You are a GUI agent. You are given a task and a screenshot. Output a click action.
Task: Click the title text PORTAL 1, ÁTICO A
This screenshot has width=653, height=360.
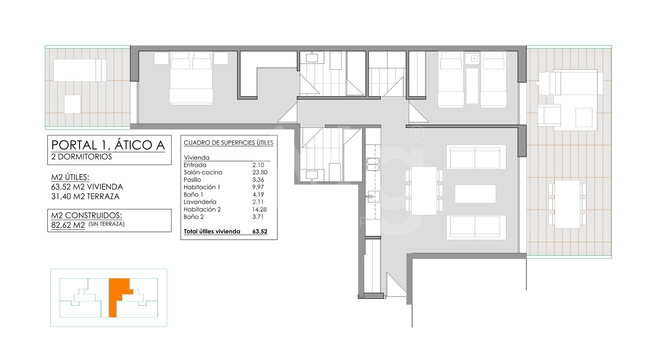(108, 145)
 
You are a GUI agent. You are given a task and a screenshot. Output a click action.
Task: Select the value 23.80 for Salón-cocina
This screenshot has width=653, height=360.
(260, 172)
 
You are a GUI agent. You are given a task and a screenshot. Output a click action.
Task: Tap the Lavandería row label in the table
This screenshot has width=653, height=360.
(200, 202)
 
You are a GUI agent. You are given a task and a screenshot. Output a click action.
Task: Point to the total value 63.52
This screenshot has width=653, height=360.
(260, 232)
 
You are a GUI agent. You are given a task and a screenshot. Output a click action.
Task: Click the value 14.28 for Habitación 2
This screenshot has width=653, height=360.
(260, 209)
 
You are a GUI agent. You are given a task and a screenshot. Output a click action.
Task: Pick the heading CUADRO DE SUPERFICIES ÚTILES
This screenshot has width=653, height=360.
(228, 142)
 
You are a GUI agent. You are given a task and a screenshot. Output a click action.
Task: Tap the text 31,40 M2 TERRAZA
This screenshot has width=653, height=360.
(85, 197)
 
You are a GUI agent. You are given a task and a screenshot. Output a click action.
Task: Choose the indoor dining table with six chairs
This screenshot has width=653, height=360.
(424, 191)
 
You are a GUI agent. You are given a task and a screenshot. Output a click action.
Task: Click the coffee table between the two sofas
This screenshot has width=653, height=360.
(475, 194)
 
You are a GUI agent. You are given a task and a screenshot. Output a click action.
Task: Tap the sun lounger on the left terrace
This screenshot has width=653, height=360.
(80, 70)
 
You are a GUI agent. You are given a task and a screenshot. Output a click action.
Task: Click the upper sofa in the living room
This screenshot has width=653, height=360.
(476, 157)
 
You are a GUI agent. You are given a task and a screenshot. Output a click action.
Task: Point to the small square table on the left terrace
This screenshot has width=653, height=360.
(73, 104)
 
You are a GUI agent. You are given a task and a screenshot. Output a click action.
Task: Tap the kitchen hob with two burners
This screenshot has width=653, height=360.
(373, 164)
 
